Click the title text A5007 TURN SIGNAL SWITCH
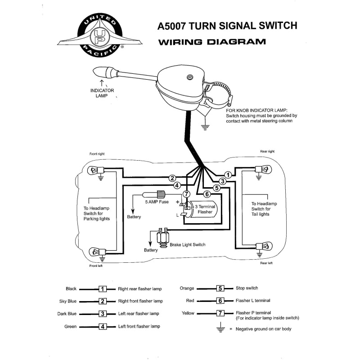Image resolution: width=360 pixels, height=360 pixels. [x=227, y=26]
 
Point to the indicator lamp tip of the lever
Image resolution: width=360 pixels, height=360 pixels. [x=100, y=72]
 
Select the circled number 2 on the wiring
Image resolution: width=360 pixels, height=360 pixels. [x=172, y=178]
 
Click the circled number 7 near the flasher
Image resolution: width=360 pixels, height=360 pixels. [x=186, y=194]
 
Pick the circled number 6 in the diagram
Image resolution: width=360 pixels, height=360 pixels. [x=207, y=194]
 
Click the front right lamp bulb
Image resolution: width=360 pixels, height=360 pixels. [x=96, y=170]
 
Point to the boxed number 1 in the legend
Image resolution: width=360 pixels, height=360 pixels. [x=103, y=289]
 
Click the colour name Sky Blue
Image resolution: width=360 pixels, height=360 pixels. [x=67, y=301]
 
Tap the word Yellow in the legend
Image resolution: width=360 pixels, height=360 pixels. [x=188, y=313]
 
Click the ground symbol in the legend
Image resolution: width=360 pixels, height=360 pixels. [x=220, y=328]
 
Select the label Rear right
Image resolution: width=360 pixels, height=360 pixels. [x=267, y=152]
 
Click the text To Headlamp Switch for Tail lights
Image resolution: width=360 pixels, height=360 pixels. [x=264, y=209]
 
